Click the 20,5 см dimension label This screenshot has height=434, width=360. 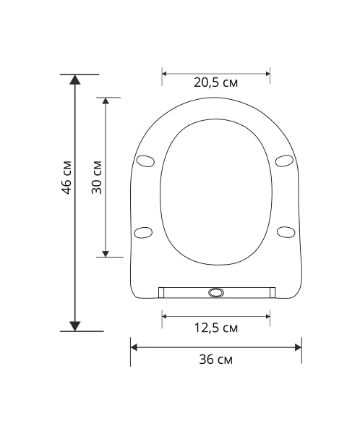point(215,82)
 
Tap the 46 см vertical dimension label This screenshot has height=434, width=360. point(67,177)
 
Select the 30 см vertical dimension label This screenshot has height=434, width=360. point(97,177)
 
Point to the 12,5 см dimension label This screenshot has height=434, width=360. point(216,328)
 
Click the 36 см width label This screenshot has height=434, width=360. point(216,359)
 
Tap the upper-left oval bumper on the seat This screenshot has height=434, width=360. point(145,161)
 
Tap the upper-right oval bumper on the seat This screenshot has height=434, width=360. point(284,161)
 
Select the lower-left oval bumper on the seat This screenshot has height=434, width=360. point(143,232)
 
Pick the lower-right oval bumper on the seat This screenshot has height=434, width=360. point(286,232)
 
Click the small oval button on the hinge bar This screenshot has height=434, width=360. point(216,292)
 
